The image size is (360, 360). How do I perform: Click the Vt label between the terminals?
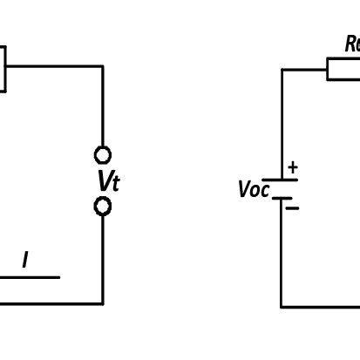click(x=107, y=181)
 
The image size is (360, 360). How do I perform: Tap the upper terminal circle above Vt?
click(x=103, y=155)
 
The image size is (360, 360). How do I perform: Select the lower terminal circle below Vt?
click(x=103, y=207)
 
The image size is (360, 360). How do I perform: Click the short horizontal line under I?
click(x=30, y=277)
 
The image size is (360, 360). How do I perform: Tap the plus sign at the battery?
click(x=292, y=166)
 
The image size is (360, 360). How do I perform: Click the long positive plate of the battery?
click(x=281, y=180)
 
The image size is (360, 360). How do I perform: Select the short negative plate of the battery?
click(x=281, y=198)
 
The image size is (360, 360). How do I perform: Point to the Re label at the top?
click(x=352, y=44)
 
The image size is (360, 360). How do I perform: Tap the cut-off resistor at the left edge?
click(x=3, y=67)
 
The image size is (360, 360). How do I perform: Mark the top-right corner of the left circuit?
click(x=102, y=66)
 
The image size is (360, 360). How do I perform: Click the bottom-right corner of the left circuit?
click(x=102, y=303)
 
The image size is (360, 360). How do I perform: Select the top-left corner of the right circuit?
click(x=282, y=70)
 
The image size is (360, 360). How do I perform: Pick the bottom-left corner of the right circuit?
click(x=282, y=306)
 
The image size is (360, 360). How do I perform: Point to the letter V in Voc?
click(x=244, y=190)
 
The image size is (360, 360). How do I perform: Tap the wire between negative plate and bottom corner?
click(x=282, y=253)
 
